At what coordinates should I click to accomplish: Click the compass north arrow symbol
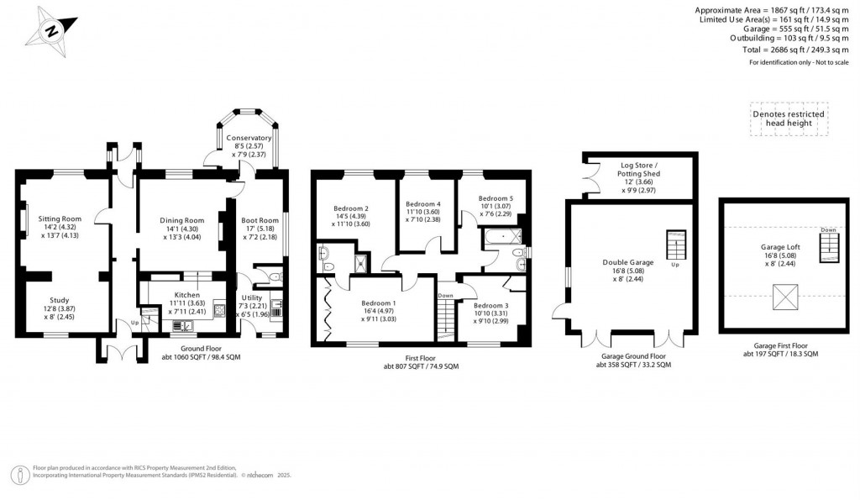(x=52, y=32)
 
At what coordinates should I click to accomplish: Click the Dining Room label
(x=182, y=220)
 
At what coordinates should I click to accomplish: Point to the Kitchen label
(x=186, y=296)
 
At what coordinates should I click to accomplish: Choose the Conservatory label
(x=249, y=138)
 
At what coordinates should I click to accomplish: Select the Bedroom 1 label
(x=379, y=303)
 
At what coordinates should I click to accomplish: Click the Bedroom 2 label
(x=351, y=208)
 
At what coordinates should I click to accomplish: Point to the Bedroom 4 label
(x=422, y=204)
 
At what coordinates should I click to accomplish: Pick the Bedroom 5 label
(x=496, y=198)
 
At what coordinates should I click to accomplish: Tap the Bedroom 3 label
(x=490, y=306)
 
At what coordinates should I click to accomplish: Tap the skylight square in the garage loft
(x=786, y=296)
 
